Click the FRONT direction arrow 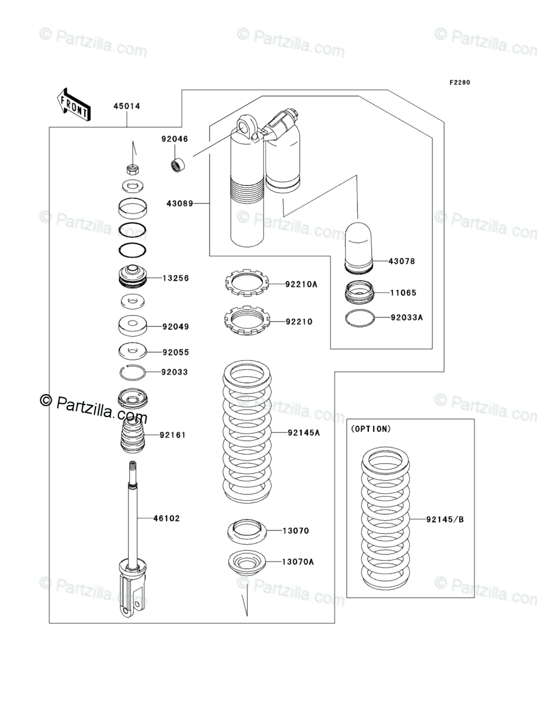pos(74,104)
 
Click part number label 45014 pos(127,106)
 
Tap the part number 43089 pos(180,203)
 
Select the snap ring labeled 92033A pos(360,318)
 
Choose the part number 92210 pos(299,322)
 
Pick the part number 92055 pos(175,352)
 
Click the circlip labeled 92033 pos(132,372)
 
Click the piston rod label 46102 pos(166,518)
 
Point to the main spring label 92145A pos(303,432)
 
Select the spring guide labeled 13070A pos(246,563)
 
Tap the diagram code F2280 pos(458,83)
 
